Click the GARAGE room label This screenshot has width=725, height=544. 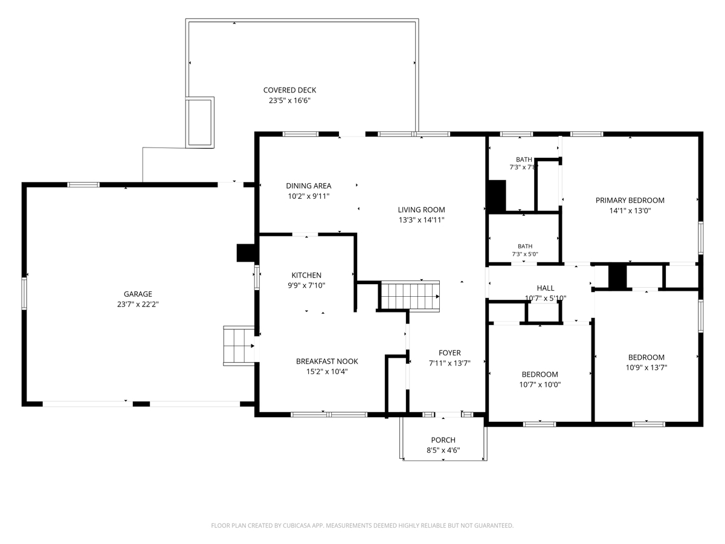coord(138,294)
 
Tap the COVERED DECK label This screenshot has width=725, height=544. coord(289,90)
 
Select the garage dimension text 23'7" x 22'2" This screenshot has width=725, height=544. coord(138,304)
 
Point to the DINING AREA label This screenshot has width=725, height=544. coord(309,186)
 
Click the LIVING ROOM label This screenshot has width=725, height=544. coord(422,210)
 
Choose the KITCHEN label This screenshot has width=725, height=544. coord(306,275)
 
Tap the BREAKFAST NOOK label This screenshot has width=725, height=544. coord(327,361)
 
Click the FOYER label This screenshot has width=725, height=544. coord(449,353)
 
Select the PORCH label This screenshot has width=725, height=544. coord(443,440)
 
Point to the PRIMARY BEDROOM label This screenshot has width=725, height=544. coord(630,201)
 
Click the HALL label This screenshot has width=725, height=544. coord(546,288)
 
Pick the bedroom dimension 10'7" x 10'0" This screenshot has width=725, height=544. coord(540,384)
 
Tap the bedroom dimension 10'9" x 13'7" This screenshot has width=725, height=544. coord(646,368)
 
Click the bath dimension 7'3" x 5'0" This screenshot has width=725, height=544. coord(525,254)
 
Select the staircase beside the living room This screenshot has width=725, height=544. coord(410,296)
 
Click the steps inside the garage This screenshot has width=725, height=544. coord(239,346)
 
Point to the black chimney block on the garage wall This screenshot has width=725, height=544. coord(245,253)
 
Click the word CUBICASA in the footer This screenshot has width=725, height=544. coord(297,525)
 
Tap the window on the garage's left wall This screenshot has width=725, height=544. coord(24,294)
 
